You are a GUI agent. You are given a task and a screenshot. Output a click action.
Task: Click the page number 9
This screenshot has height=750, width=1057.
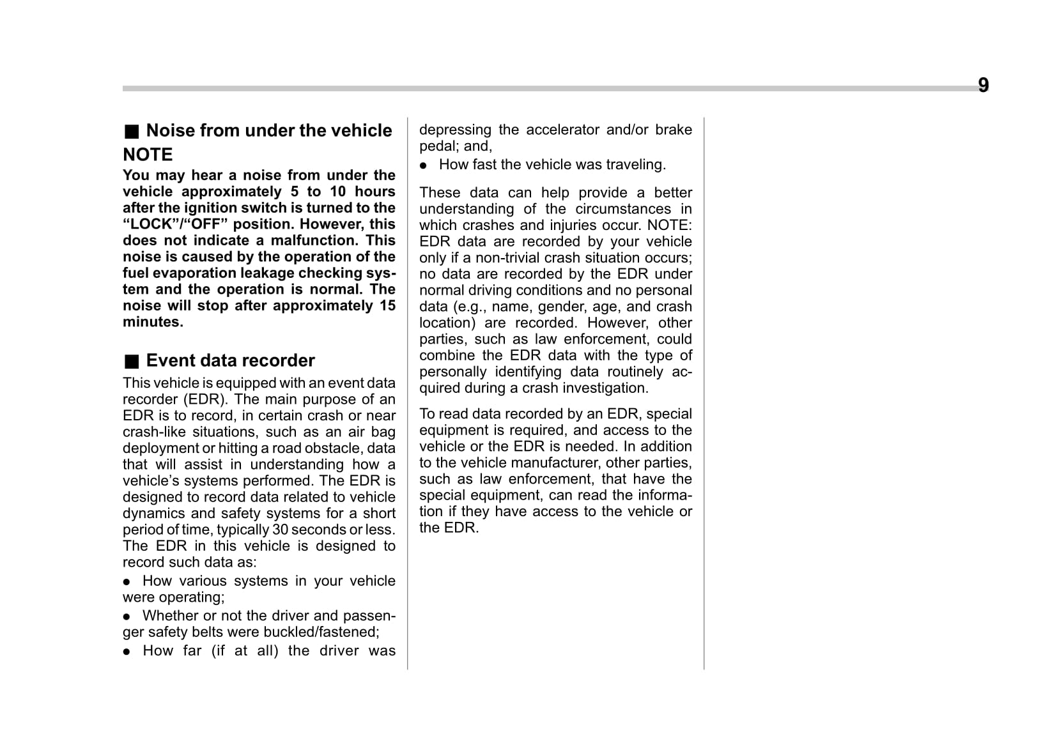tap(983, 85)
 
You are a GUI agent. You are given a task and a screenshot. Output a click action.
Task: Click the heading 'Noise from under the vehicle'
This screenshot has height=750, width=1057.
tap(268, 130)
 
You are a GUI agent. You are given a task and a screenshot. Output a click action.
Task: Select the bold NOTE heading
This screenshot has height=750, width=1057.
tap(148, 155)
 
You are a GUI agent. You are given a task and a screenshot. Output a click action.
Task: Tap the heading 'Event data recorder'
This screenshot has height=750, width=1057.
tap(230, 360)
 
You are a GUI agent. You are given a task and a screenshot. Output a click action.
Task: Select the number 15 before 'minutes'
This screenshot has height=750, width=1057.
tap(387, 305)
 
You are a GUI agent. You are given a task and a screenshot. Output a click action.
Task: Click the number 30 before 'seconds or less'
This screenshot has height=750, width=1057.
tap(280, 530)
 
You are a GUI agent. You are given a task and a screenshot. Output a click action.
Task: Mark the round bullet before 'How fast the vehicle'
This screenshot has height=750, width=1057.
tap(424, 165)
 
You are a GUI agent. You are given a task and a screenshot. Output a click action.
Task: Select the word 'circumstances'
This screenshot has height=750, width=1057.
tap(623, 209)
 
